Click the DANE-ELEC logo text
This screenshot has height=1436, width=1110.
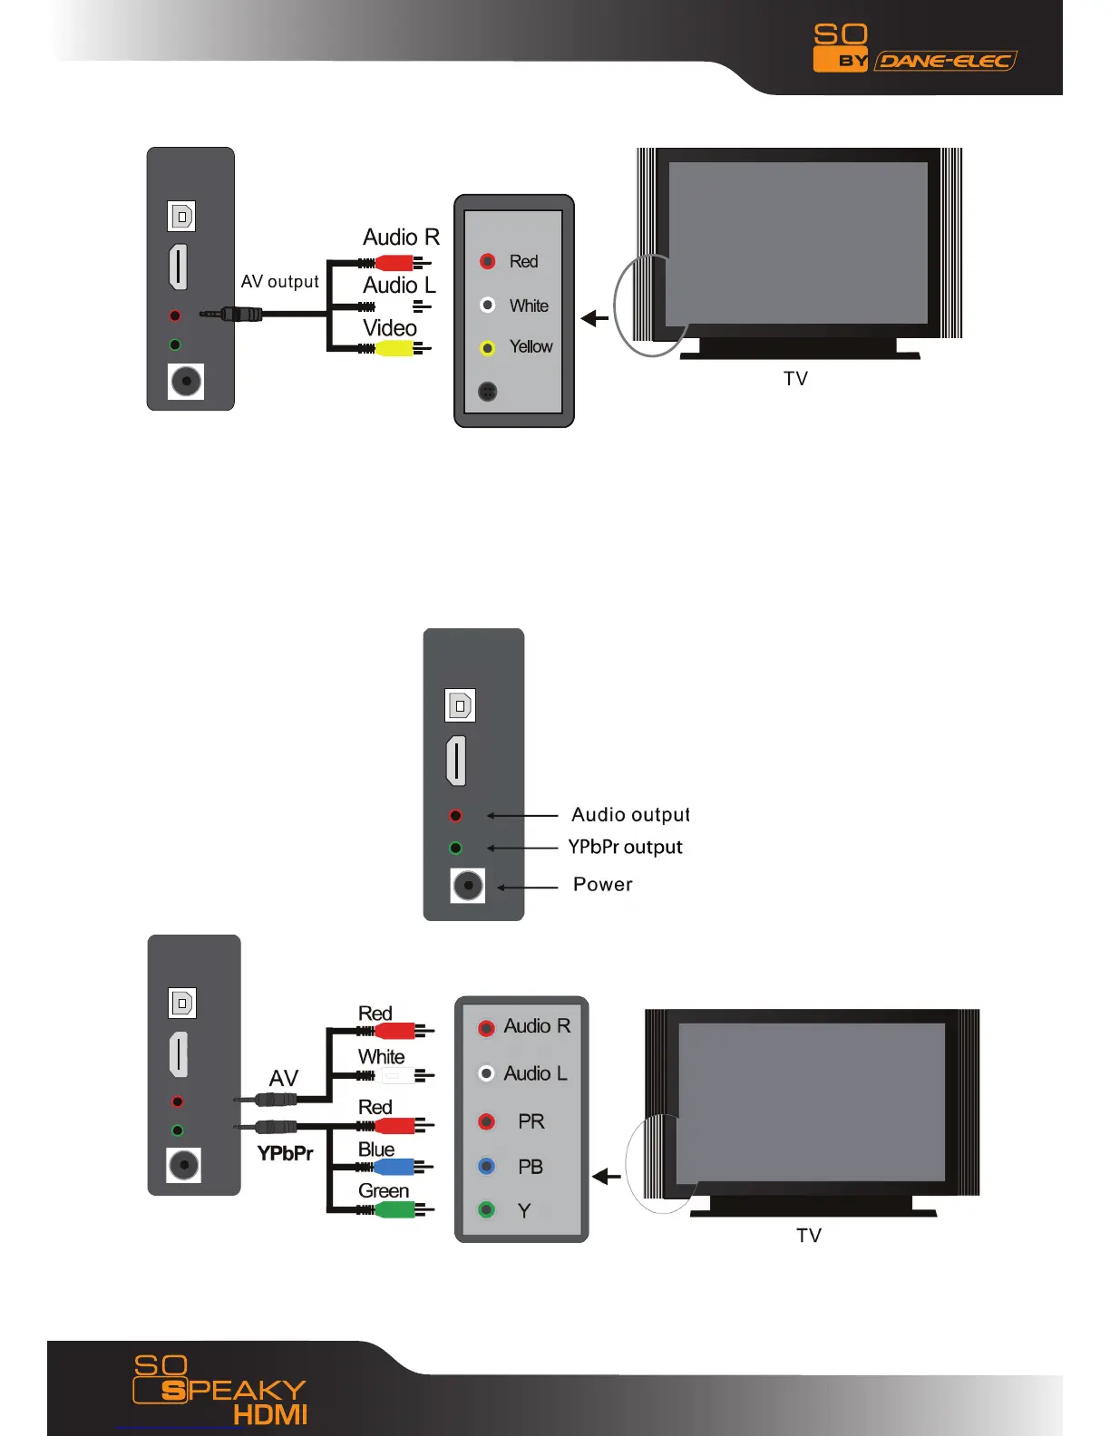946,61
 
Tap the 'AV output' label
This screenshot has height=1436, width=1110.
280,282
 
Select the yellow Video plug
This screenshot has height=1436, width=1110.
395,348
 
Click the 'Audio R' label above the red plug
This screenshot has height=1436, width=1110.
401,238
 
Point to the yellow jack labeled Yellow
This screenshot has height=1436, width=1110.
488,348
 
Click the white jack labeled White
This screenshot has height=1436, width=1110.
488,306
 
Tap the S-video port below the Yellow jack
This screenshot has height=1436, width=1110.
488,392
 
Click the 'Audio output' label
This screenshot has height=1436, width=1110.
630,815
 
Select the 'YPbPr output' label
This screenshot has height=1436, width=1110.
625,847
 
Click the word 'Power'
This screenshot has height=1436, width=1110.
603,884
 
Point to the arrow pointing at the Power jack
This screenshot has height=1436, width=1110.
527,888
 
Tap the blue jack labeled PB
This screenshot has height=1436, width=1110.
487,1166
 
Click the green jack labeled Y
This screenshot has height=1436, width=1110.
487,1209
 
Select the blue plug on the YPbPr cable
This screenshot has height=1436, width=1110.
394,1167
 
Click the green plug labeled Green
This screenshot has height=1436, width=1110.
394,1209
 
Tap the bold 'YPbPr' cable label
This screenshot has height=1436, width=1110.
285,1153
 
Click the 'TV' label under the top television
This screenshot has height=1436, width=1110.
795,379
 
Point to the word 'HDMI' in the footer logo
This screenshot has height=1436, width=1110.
270,1415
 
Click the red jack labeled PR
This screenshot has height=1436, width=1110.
487,1122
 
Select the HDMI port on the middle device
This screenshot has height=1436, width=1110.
456,761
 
